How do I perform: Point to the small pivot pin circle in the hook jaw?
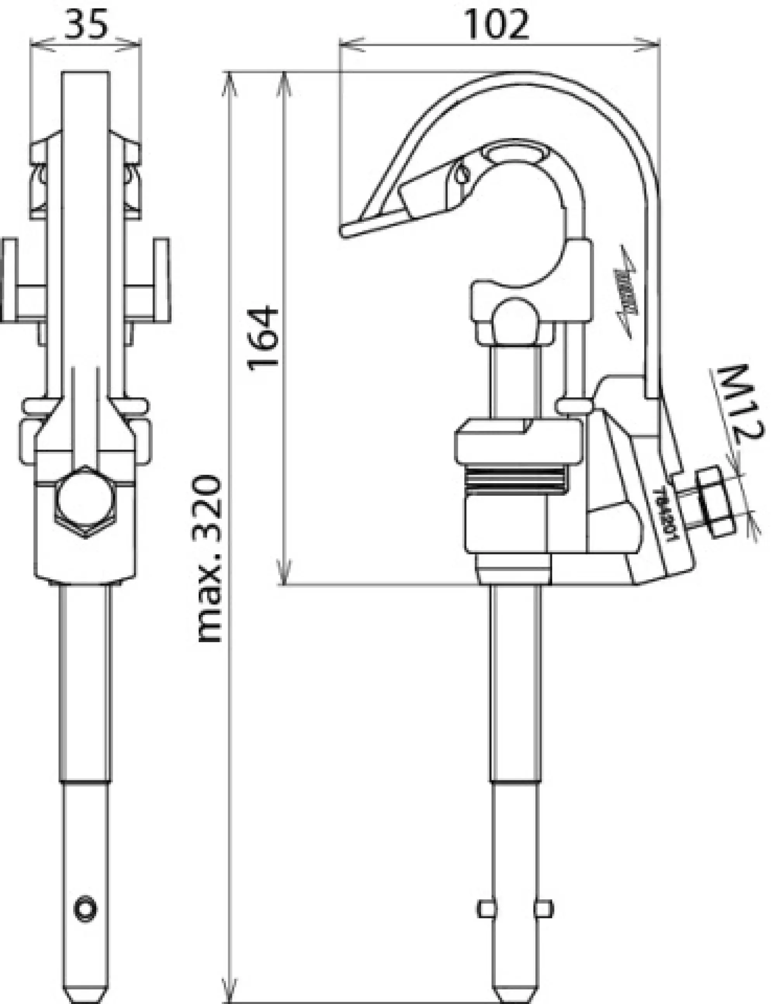tap(462, 174)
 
